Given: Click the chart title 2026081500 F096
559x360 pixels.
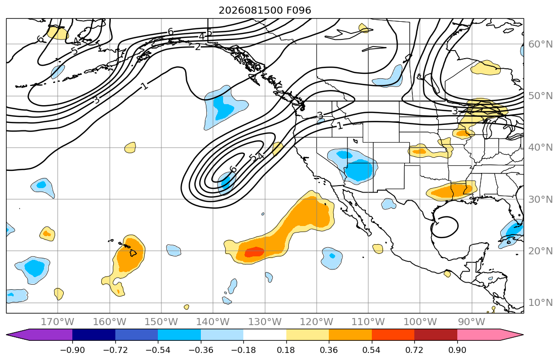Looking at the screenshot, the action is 265,10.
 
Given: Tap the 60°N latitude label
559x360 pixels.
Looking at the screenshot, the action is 540,44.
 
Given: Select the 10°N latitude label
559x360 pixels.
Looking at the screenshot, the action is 540,303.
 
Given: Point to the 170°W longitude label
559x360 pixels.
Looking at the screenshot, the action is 58,322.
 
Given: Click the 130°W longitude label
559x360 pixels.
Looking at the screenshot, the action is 265,322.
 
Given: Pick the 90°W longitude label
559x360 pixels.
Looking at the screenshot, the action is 471,322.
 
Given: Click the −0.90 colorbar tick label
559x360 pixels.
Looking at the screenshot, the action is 72,350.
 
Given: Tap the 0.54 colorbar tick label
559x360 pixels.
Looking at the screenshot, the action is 371,350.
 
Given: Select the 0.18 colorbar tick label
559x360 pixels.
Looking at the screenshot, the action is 286,350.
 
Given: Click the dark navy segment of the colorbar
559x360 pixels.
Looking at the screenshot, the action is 94,335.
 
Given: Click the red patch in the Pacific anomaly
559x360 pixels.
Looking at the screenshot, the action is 254,252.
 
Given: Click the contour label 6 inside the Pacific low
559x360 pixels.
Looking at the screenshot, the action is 233,169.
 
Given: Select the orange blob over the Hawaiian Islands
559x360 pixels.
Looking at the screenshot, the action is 128,254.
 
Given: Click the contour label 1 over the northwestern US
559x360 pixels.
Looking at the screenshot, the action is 340,125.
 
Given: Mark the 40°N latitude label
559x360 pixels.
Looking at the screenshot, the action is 540,148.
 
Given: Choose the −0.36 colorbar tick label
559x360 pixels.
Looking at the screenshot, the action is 201,350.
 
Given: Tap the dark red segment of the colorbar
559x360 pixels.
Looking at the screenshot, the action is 436,335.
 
